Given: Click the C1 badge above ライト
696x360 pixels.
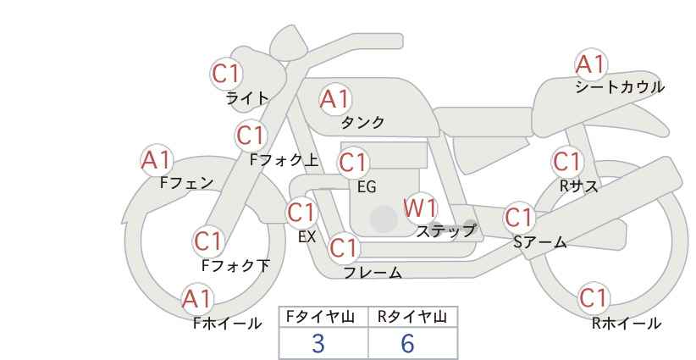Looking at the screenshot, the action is (226, 74).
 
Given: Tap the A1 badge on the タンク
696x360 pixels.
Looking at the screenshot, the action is (335, 99).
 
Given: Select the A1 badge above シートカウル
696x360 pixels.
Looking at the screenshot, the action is (591, 64).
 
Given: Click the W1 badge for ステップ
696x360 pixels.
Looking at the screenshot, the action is (420, 208).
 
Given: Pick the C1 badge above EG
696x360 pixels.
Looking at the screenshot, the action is (353, 163).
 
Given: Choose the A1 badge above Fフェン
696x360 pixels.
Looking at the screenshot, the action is (157, 160).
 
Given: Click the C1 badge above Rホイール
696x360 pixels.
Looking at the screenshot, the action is (594, 298).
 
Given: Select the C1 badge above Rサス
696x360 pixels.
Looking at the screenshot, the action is (567, 162).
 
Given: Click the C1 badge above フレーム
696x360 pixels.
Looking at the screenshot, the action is (345, 247).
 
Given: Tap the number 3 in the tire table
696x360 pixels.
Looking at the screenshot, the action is (318, 344).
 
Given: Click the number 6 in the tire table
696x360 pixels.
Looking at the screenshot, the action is (407, 344).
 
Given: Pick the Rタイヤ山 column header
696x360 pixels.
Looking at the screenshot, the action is (412, 317).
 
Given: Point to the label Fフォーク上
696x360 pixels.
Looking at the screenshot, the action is (284, 160).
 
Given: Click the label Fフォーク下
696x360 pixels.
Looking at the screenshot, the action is (235, 265).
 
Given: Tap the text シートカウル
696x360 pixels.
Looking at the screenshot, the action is (620, 87).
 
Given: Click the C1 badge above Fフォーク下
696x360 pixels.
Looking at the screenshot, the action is (208, 242).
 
